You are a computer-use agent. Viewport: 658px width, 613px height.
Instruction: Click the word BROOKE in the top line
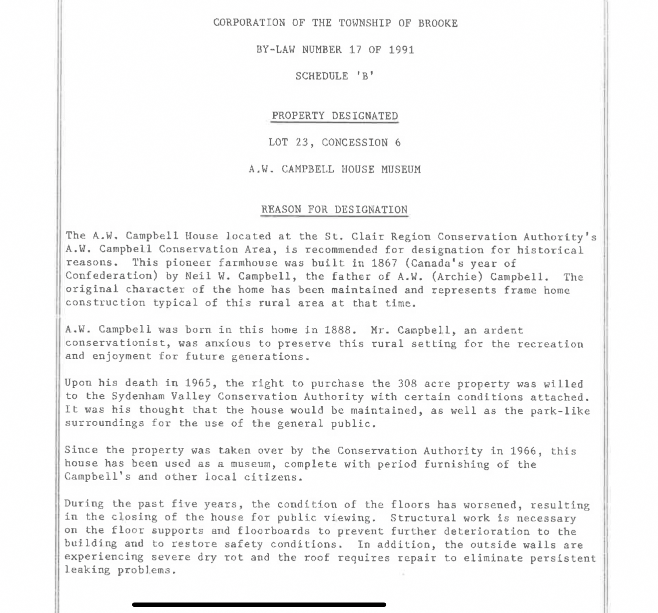438,23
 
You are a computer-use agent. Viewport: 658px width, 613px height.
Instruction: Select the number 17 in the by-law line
355,50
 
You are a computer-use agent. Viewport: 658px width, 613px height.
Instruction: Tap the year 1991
401,50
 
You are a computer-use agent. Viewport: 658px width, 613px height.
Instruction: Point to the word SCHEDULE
322,76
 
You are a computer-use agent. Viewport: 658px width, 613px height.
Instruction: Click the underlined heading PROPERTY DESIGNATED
335,116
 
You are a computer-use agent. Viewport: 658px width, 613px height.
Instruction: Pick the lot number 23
302,143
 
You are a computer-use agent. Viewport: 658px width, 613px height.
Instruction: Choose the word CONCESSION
354,143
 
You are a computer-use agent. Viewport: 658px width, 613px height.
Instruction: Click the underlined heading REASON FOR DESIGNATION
334,210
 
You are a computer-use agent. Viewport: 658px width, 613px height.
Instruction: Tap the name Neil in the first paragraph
198,277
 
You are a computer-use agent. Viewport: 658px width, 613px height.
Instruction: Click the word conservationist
115,343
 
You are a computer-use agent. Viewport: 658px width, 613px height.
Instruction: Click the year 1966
523,451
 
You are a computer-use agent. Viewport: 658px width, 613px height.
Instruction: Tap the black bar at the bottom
259,605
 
